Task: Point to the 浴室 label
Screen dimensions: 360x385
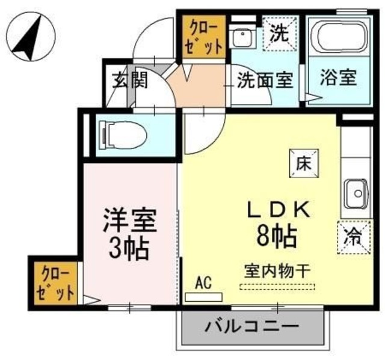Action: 338,78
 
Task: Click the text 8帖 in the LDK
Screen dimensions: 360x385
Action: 278,237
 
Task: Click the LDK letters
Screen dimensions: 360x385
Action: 278,209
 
